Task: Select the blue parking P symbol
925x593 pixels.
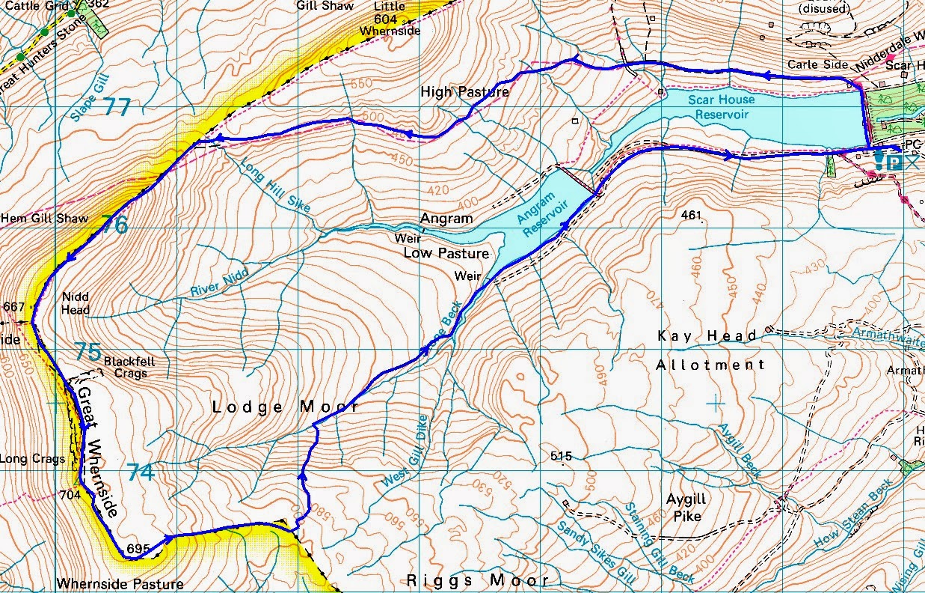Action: tap(894, 160)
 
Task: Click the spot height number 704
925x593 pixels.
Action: tap(69, 494)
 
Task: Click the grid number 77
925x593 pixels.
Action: tap(117, 107)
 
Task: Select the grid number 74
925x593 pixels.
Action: tap(141, 472)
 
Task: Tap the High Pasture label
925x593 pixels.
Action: tap(464, 92)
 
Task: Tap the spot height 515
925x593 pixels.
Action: tap(561, 456)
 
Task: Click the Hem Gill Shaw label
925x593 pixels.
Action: tap(44, 219)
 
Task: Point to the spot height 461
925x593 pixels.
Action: tap(692, 216)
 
